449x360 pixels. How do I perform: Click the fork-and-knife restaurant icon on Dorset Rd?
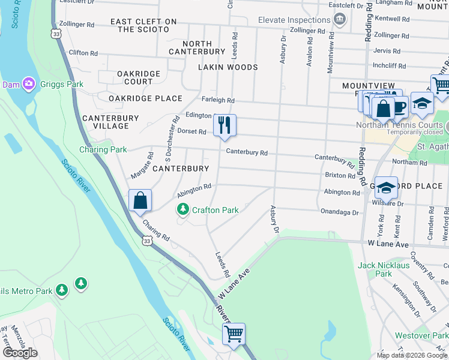(x=224, y=125)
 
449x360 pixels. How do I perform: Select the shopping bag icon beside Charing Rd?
(x=140, y=200)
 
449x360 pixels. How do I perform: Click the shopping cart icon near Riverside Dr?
(x=233, y=333)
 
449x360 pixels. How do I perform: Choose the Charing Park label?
(x=95, y=149)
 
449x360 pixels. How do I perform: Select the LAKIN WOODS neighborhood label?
(x=228, y=67)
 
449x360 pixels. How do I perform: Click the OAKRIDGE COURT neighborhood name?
(x=130, y=77)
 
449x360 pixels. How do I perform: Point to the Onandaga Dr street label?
(x=339, y=212)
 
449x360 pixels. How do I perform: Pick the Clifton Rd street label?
(x=83, y=53)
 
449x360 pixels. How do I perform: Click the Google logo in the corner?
(x=19, y=352)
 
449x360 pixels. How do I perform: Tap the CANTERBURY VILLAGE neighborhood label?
(x=106, y=122)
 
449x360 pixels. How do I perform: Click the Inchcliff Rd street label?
(x=391, y=65)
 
